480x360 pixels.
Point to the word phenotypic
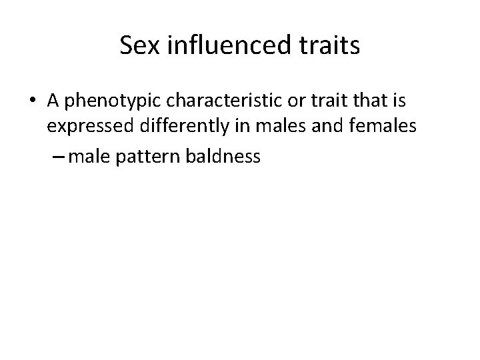(x=101, y=101)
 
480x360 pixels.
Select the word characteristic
(x=207, y=101)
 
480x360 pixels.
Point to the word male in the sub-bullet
(x=86, y=157)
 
